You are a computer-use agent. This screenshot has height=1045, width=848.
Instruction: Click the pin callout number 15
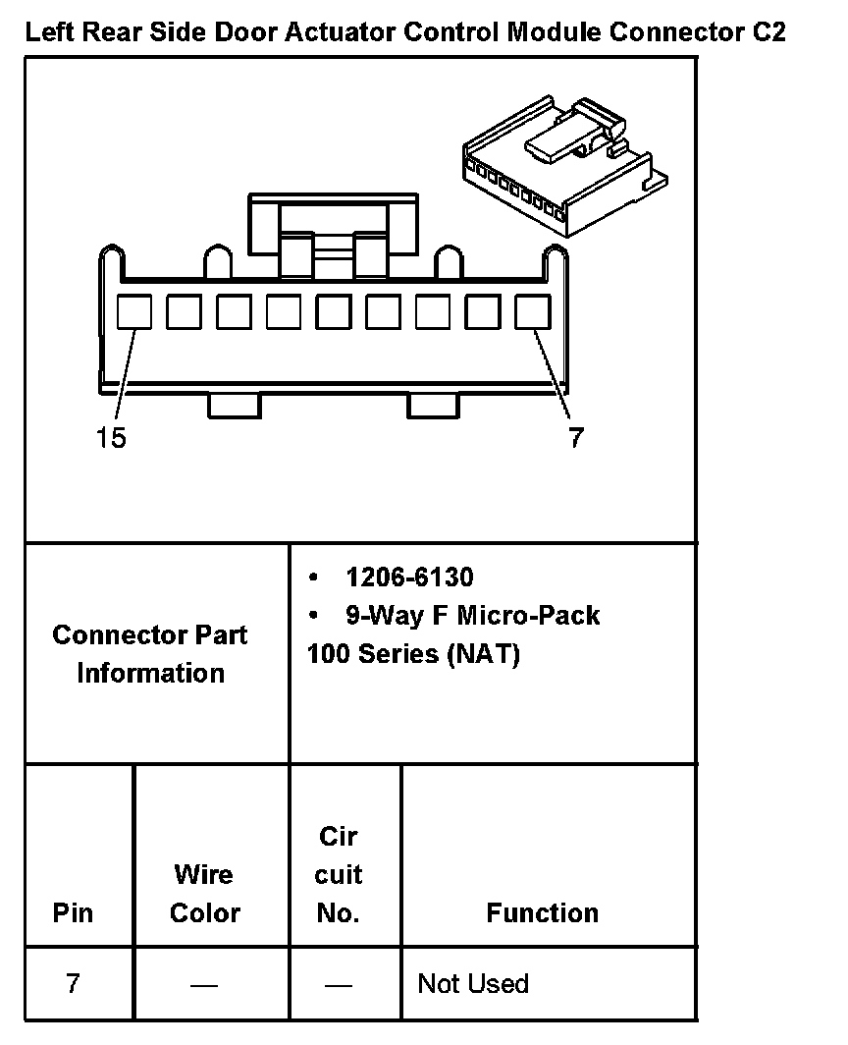tap(111, 438)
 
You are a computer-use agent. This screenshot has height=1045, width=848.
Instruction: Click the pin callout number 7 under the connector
tap(575, 438)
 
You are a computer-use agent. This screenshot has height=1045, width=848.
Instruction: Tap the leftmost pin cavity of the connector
tap(134, 312)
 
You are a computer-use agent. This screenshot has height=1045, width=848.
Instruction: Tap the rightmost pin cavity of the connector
tap(533, 312)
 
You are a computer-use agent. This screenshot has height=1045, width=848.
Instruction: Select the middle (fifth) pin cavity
tap(334, 312)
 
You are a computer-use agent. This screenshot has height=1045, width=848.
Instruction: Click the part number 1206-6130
tap(408, 577)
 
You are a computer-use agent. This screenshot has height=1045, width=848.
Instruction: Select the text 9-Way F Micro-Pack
tap(471, 616)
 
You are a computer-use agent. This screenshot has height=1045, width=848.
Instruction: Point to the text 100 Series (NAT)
tap(413, 654)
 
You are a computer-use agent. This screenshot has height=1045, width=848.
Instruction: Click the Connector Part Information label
tap(150, 654)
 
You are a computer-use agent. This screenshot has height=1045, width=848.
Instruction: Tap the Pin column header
tap(73, 912)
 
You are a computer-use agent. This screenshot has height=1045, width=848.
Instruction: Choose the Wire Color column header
tap(204, 894)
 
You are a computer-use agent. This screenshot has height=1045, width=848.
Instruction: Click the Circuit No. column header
tap(339, 875)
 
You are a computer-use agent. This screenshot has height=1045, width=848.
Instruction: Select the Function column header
tap(542, 912)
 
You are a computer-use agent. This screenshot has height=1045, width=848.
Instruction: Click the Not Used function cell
tap(473, 983)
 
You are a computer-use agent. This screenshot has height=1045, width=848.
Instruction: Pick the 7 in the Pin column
tap(73, 983)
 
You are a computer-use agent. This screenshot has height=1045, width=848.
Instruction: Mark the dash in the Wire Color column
tap(204, 984)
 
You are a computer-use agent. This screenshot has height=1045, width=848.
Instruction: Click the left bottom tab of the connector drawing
tap(235, 405)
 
